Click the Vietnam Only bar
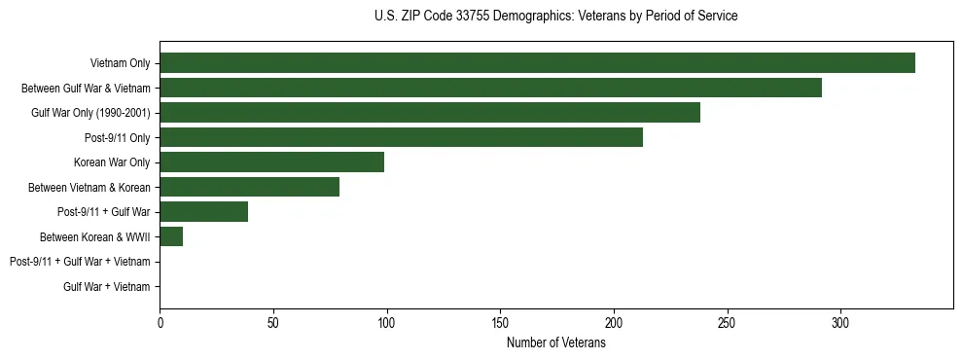pyautogui.click(x=537, y=63)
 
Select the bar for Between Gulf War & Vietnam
pyautogui.click(x=490, y=89)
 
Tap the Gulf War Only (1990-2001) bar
pyautogui.click(x=430, y=113)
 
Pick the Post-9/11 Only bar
pyautogui.click(x=401, y=137)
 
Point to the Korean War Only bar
pyautogui.click(x=271, y=162)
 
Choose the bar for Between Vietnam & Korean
pyautogui.click(x=249, y=187)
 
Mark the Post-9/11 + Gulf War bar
pyautogui.click(x=203, y=211)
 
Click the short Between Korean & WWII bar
pyautogui.click(x=171, y=236)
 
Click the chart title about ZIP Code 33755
pyautogui.click(x=555, y=17)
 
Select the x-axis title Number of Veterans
pyautogui.click(x=555, y=343)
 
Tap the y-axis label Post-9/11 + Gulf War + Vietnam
pyautogui.click(x=80, y=262)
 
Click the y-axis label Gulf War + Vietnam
pyautogui.click(x=107, y=286)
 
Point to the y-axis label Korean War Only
pyautogui.click(x=112, y=162)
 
